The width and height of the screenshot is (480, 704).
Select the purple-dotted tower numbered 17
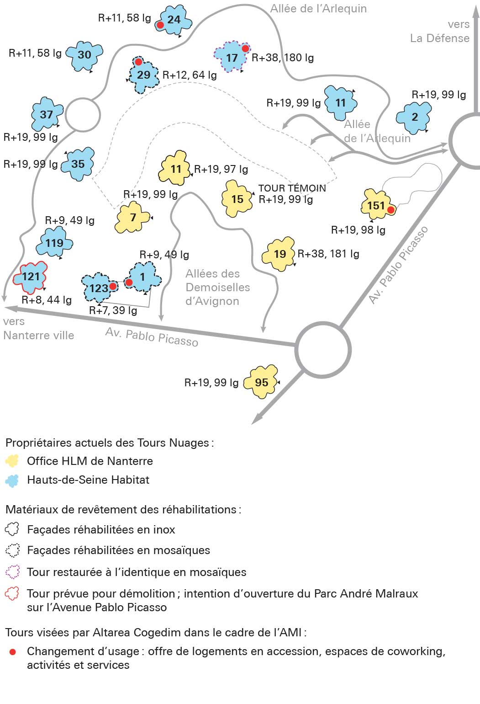click(x=232, y=58)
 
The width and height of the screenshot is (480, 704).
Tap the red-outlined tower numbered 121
click(x=31, y=277)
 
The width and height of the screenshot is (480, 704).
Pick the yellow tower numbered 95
click(x=261, y=382)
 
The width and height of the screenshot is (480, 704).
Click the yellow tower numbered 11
click(x=175, y=169)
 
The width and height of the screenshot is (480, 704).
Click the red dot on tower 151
click(x=390, y=210)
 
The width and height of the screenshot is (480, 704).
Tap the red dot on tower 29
click(x=138, y=62)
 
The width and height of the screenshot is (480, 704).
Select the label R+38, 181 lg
click(x=328, y=254)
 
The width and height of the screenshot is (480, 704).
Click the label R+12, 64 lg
click(x=190, y=75)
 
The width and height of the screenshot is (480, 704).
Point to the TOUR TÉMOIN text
click(x=292, y=188)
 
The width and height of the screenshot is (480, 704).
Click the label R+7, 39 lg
click(x=113, y=311)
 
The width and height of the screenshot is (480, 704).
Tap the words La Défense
click(x=439, y=38)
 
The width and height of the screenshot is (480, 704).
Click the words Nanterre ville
click(x=38, y=335)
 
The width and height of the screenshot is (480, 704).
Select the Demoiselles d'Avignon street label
click(x=217, y=287)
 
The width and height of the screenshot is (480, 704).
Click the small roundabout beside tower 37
click(x=83, y=115)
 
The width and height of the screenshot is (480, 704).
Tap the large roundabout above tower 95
click(x=323, y=350)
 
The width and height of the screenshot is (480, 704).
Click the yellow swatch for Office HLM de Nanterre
click(x=12, y=461)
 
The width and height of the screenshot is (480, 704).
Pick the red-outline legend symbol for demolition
click(x=12, y=593)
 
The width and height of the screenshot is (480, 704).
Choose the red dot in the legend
click(x=12, y=651)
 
